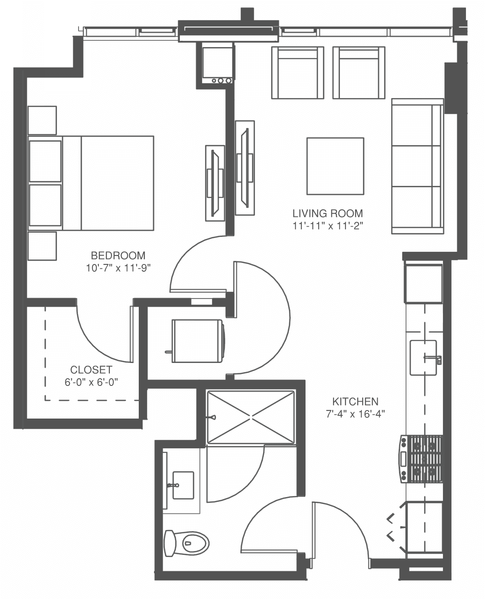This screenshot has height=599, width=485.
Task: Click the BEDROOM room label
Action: pos(118,256)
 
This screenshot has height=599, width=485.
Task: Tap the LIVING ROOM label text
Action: pos(328,214)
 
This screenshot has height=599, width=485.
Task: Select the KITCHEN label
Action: pos(356,402)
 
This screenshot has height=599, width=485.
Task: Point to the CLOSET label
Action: pos(91,370)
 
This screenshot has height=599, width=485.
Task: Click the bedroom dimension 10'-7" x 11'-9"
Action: pos(118,268)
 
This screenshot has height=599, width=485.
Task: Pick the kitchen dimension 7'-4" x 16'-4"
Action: pos(356,414)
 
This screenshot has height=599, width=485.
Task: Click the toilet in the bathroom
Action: pos(187,543)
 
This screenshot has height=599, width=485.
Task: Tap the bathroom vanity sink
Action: pos(183,485)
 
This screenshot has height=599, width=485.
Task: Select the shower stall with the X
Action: pos(251,418)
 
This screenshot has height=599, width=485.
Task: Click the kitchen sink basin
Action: pos(423,358)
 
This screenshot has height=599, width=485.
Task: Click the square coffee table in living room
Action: pos(335,166)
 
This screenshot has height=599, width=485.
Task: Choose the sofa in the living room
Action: pos(418,166)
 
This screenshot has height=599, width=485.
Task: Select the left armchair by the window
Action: pos(297,73)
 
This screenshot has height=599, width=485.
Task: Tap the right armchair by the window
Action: pos(359,73)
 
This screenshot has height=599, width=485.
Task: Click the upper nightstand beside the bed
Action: pos(42,120)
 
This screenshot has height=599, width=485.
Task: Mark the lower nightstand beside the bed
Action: pos(42,246)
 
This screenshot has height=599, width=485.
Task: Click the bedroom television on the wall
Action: pos(215,183)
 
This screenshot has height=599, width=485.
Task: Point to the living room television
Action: pos(245,168)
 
